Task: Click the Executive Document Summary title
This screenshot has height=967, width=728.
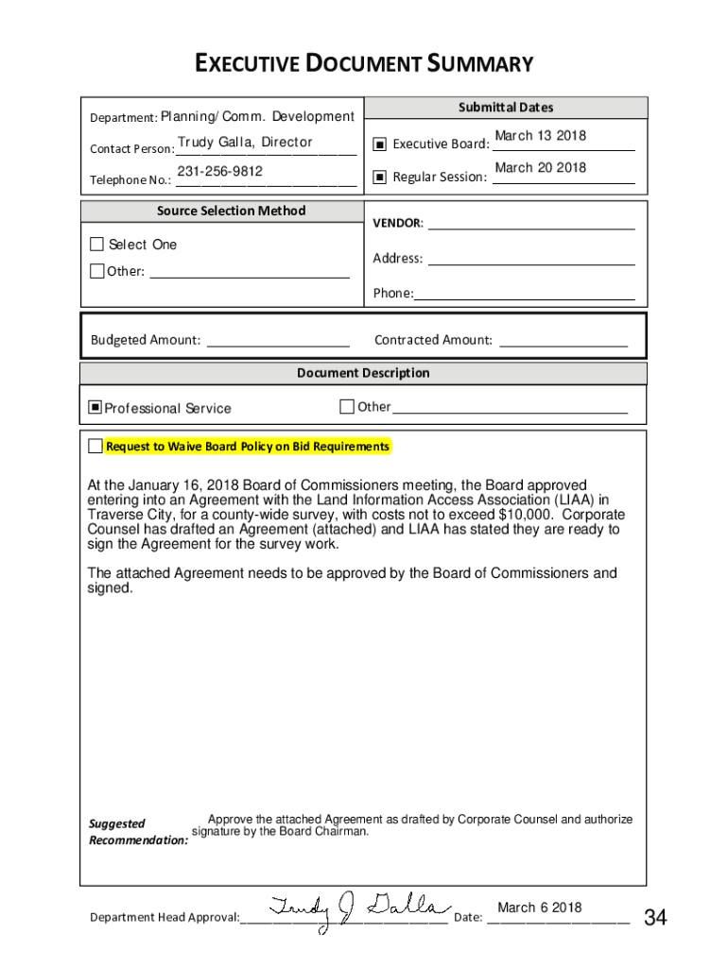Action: click(364, 64)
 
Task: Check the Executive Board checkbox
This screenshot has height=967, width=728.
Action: click(379, 144)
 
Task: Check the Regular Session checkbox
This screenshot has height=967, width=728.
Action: click(379, 177)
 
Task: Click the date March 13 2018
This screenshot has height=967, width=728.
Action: click(540, 136)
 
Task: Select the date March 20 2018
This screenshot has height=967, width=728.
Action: click(540, 168)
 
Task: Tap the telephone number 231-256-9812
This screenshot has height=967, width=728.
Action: click(220, 171)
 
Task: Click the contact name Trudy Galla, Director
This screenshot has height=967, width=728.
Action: click(245, 143)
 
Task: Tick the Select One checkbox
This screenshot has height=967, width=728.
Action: click(96, 245)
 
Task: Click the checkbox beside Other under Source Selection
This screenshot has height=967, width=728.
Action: click(96, 272)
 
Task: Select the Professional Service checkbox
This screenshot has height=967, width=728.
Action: click(95, 408)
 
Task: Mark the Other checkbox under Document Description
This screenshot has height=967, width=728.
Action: click(347, 407)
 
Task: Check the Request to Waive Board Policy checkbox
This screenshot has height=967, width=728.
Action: click(95, 446)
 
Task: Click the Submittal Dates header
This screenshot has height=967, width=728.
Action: click(506, 108)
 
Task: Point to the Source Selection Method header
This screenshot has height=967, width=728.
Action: click(231, 211)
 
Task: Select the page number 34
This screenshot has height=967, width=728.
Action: click(655, 917)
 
